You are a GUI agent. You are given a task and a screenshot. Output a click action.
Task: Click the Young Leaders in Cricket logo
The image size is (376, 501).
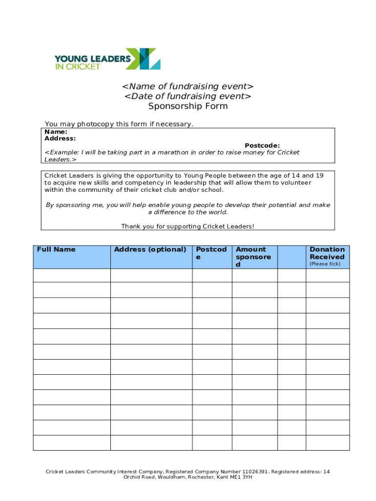point(107,59)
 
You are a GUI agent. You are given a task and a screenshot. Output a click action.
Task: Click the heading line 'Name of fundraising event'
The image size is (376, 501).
point(188,87)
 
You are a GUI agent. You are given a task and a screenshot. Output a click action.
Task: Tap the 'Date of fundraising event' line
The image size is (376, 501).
point(188,96)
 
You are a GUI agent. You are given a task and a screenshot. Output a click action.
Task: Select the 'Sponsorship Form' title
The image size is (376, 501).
point(188,106)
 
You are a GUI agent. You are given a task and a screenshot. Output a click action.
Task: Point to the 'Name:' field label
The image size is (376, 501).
point(56,132)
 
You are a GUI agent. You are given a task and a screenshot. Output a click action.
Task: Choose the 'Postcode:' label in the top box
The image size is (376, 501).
point(262,145)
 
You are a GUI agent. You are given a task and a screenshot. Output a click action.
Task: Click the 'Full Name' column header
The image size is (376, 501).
point(56,250)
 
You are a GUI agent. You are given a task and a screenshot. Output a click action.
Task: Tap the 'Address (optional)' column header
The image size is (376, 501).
point(150,250)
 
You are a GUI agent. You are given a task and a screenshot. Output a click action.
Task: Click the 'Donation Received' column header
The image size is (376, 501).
point(327,253)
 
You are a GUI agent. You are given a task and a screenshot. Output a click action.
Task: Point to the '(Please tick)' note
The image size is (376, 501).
point(325,264)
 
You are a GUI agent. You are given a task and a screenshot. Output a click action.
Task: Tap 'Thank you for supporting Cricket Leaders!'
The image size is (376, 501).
point(188,226)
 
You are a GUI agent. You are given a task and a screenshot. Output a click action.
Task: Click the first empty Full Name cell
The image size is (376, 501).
point(72,275)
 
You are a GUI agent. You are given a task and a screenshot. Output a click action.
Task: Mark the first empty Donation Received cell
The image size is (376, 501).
point(328,275)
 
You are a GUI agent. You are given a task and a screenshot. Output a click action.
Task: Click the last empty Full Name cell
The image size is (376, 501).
point(72,443)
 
